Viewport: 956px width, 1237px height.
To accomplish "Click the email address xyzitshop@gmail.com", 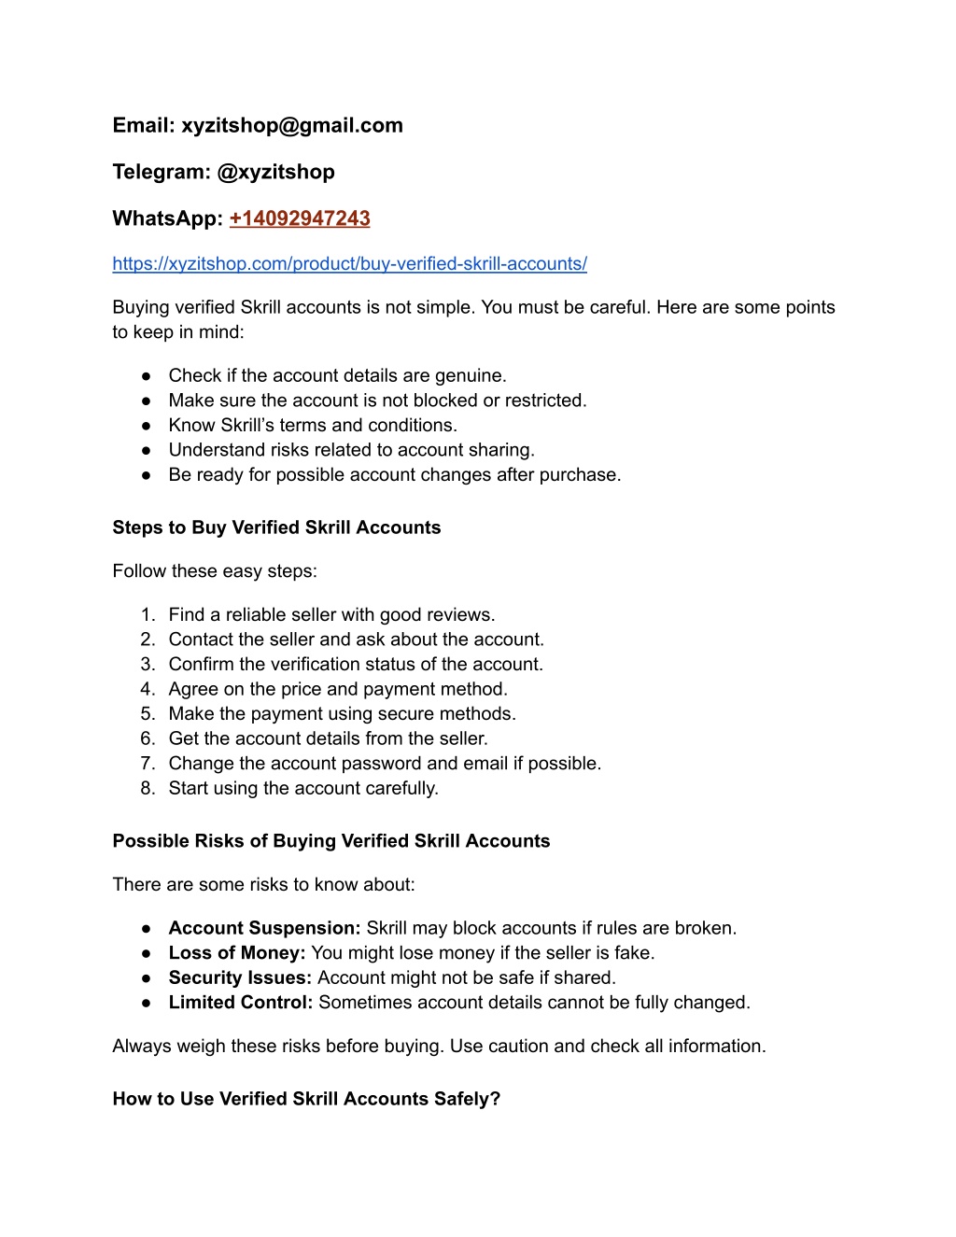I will pos(291,125).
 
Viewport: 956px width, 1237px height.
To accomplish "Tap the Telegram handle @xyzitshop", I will pos(275,172).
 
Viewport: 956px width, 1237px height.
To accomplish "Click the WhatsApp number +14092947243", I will pos(300,218).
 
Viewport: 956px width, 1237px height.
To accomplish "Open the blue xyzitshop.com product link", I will pos(349,263).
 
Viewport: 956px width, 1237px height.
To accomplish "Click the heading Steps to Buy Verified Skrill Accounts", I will pos(276,527).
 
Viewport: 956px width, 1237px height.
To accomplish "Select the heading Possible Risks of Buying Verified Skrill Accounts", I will pos(331,841).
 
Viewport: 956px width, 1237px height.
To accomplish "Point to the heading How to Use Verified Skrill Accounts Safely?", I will pos(306,1099).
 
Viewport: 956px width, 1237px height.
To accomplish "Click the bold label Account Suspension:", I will pos(264,928).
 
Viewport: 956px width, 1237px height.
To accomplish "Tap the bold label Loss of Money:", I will pos(237,953).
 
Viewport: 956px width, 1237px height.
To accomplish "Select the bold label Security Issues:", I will pos(240,977).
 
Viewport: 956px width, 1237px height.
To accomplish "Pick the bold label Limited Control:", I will pos(241,1003).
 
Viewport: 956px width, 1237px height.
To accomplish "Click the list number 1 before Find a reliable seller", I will pos(148,615).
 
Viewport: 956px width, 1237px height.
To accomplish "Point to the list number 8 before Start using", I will pos(148,789).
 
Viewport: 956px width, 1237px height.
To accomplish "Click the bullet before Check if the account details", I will pos(147,376).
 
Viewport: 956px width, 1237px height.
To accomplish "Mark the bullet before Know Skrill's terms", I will pos(147,426).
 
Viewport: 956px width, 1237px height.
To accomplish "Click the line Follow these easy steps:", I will pos(215,571).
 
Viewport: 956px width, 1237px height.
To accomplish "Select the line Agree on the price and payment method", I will pos(338,689).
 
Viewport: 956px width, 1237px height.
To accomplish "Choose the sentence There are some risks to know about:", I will pos(263,885).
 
